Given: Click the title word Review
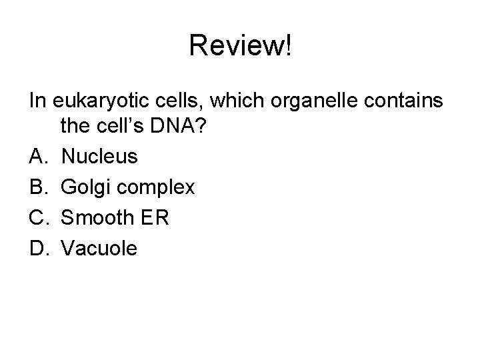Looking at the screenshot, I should [235, 45].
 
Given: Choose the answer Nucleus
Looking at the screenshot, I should [99, 157].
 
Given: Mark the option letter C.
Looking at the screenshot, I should [37, 218].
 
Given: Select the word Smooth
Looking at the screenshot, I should [95, 218].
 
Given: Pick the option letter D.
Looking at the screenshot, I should [37, 249].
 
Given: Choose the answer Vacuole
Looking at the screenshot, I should [99, 249].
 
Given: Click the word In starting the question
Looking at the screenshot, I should [37, 101].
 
